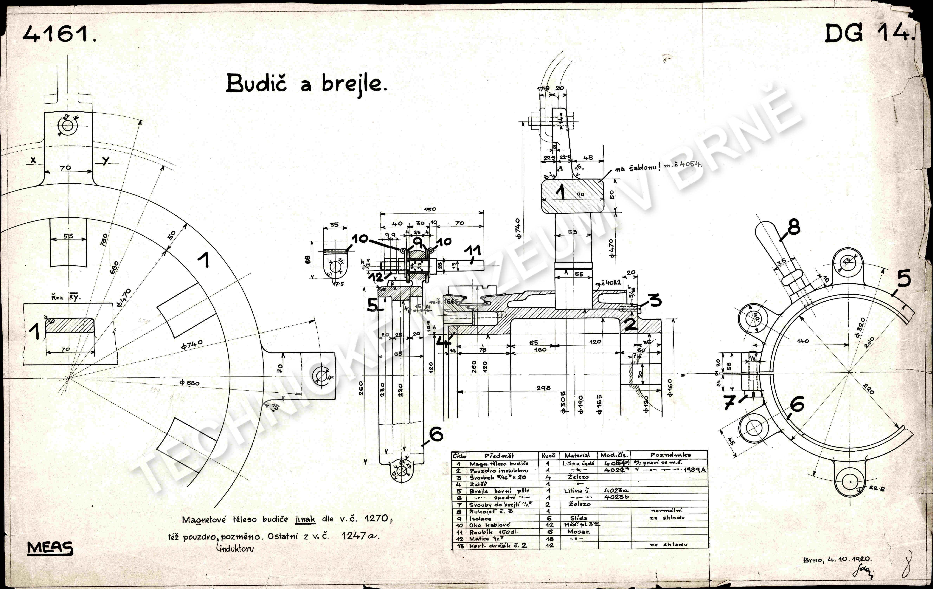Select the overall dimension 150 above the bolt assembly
(430, 209)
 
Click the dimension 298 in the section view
(544, 388)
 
